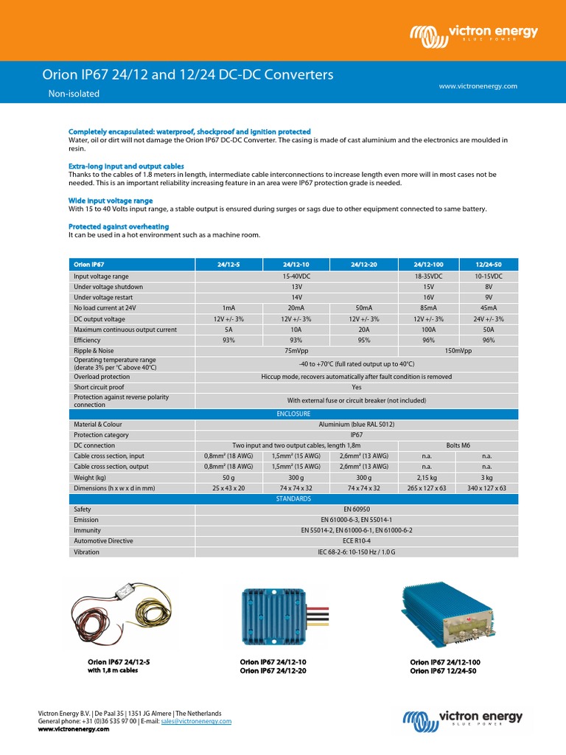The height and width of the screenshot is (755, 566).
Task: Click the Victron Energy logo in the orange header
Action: (x=474, y=33)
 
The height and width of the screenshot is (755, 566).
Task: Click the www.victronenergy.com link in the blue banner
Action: (x=478, y=86)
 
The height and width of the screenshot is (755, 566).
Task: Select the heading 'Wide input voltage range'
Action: (x=111, y=201)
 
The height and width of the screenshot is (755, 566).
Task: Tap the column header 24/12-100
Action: (x=427, y=264)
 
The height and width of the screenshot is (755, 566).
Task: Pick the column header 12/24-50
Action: (x=487, y=264)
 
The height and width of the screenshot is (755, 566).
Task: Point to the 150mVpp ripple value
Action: (x=458, y=351)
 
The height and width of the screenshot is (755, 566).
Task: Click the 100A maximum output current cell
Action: (x=427, y=330)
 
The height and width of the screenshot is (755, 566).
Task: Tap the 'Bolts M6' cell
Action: (x=458, y=446)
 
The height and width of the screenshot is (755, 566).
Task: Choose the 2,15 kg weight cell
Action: (x=427, y=478)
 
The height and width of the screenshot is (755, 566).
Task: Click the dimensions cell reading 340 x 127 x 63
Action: (x=487, y=488)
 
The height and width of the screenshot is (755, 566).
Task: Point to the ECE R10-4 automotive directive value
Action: (x=357, y=541)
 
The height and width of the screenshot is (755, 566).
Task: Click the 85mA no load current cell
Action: (x=427, y=308)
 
